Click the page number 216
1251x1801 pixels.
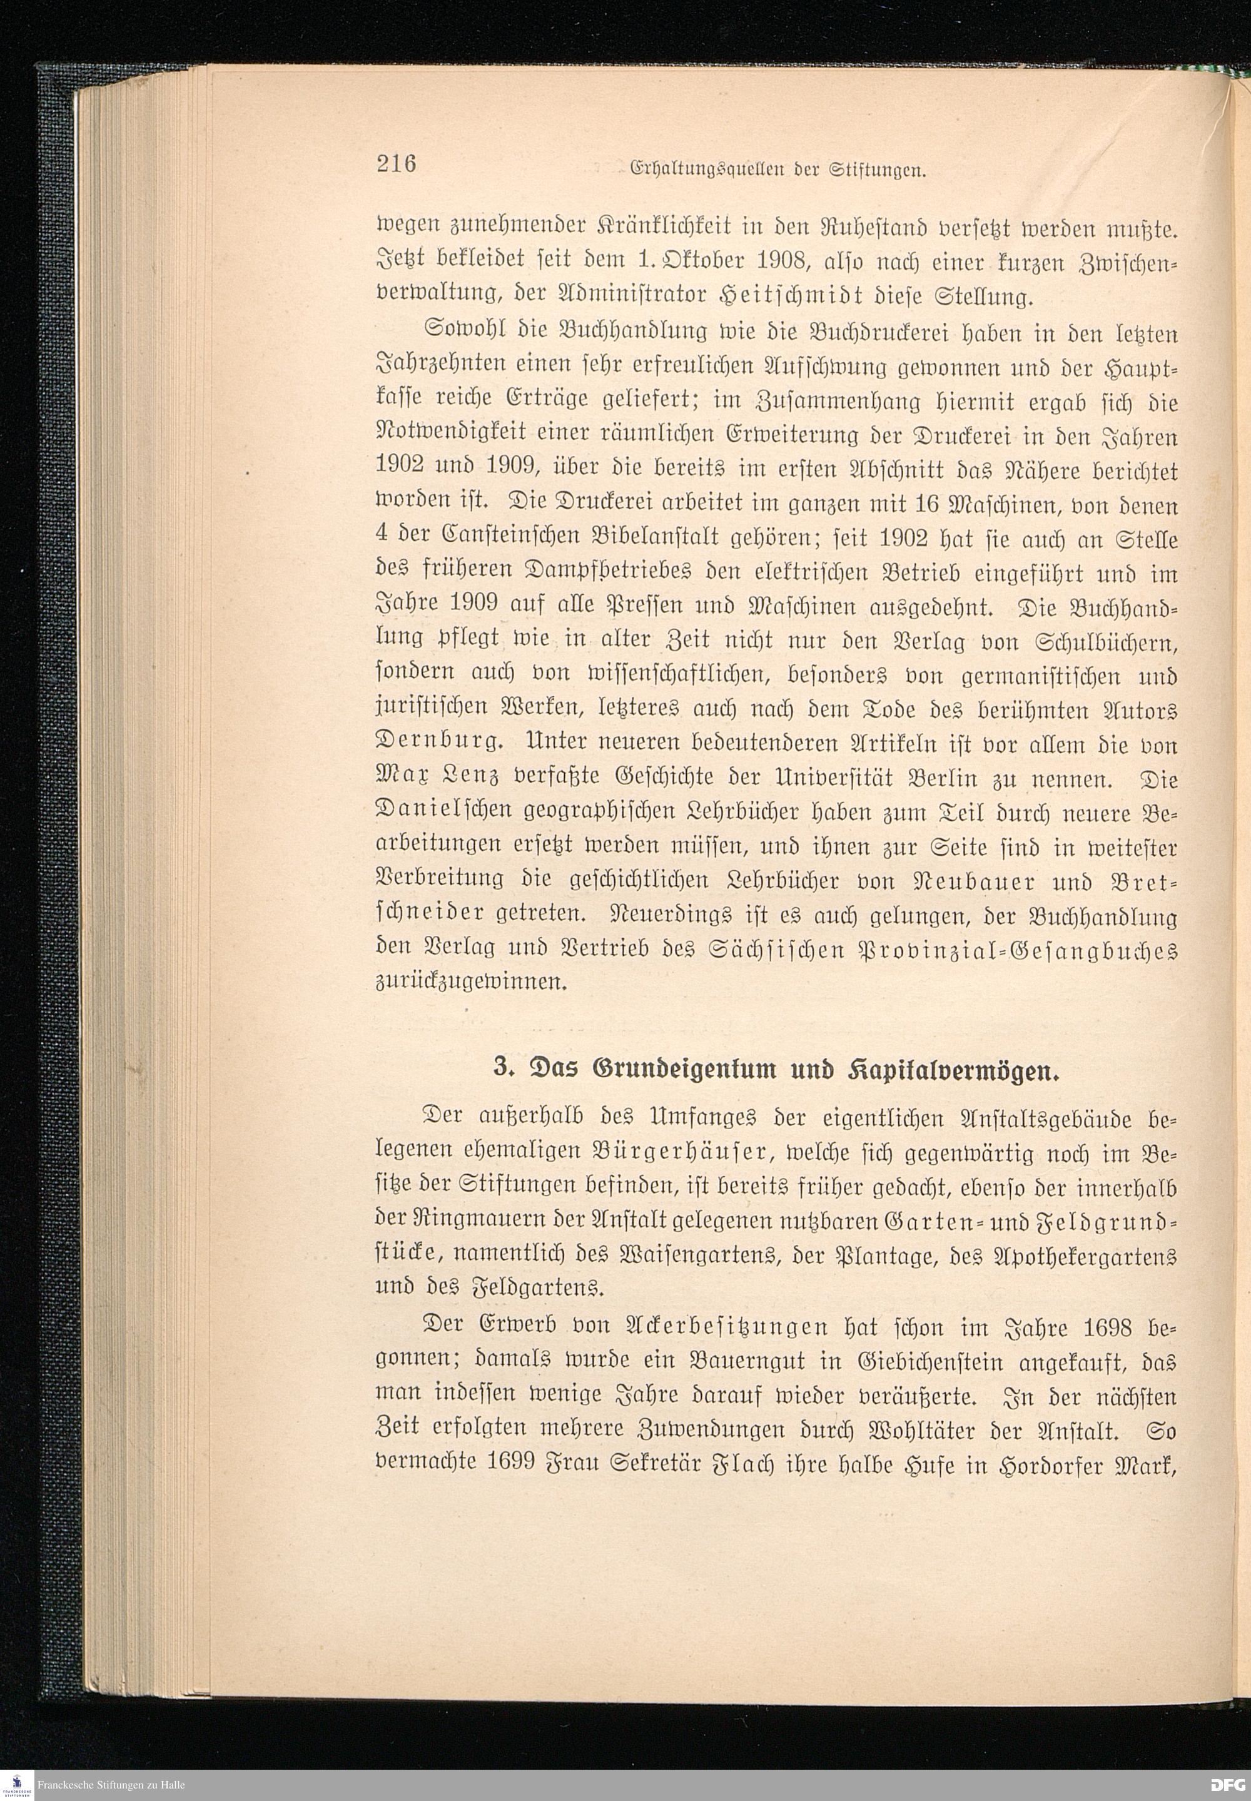(x=396, y=165)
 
